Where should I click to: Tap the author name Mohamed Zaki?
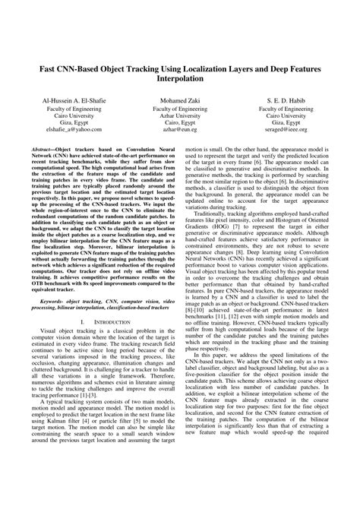point(180,100)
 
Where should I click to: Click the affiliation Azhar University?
point(180,119)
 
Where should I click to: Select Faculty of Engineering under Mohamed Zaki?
point(180,110)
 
